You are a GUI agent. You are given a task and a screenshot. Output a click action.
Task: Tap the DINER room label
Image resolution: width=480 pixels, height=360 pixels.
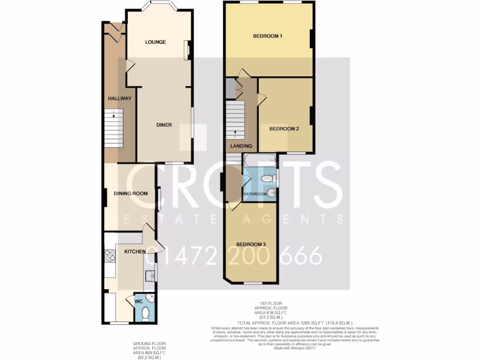164,125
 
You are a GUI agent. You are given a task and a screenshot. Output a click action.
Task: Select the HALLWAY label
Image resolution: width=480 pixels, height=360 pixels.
120,98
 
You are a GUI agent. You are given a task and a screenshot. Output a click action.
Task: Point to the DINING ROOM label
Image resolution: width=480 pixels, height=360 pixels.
131,193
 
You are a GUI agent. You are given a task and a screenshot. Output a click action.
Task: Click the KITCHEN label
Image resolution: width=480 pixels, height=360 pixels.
135,252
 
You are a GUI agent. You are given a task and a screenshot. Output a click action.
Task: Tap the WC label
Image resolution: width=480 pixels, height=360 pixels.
139,302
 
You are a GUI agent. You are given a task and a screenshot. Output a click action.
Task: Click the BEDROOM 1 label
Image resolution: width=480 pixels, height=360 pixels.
268,36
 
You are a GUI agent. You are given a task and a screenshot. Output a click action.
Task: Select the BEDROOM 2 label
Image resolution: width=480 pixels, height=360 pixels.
284,129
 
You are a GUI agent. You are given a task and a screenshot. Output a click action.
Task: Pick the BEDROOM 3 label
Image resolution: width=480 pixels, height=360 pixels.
251,245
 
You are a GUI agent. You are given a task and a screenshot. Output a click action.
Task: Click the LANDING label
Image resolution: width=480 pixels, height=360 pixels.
241,146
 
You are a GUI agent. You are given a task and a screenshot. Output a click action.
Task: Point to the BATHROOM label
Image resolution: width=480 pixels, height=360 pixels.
255,194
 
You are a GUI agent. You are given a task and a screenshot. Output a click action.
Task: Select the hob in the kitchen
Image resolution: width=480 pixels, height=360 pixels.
110,255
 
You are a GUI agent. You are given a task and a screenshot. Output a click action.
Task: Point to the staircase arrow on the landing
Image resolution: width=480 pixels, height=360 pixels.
235,133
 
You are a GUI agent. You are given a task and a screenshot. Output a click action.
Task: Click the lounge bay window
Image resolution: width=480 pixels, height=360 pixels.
159,6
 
